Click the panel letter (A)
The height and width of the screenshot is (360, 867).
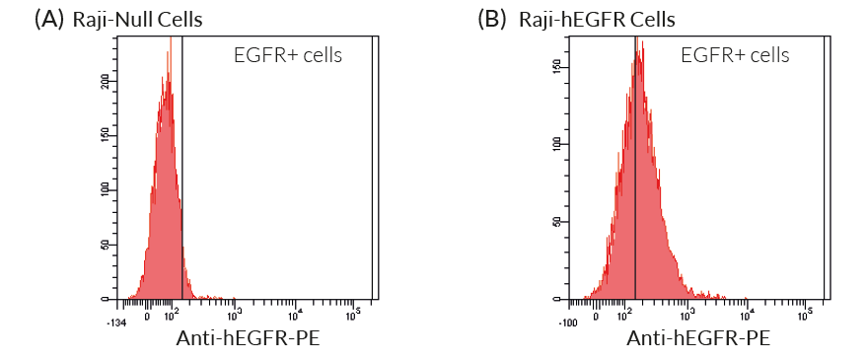click(49, 19)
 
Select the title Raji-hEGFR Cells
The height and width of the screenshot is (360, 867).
click(596, 19)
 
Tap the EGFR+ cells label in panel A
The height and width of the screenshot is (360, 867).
click(288, 55)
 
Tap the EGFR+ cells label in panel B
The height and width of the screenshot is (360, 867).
click(735, 55)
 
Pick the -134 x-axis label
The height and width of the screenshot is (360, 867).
click(117, 321)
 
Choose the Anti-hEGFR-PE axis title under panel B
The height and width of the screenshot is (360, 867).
click(698, 339)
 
